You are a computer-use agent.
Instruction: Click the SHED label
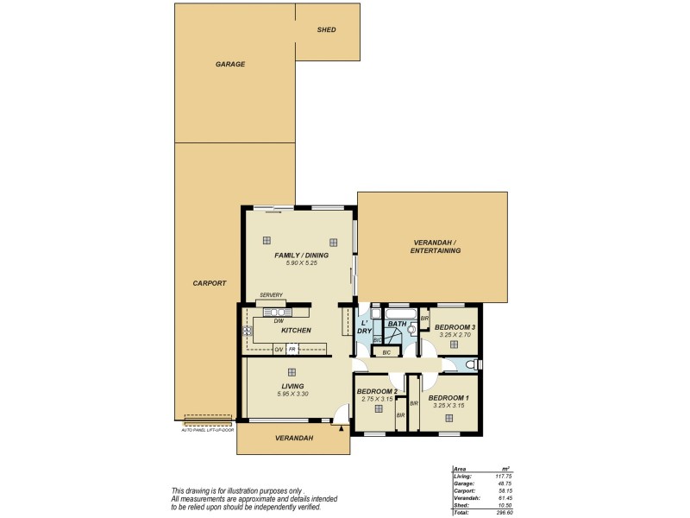point(327,30)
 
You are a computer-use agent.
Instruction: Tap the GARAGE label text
point(230,65)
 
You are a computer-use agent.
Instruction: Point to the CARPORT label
point(210,283)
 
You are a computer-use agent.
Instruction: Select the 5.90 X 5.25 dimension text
point(297,263)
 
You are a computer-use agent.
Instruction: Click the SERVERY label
point(271,295)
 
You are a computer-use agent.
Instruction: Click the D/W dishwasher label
point(279,321)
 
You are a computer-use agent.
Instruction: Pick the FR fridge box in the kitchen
point(292,349)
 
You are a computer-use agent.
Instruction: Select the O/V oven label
point(279,349)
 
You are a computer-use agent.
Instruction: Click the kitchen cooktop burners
point(248,331)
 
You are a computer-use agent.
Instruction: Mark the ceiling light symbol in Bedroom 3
point(454,344)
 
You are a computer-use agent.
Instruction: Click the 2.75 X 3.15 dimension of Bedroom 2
point(376,400)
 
